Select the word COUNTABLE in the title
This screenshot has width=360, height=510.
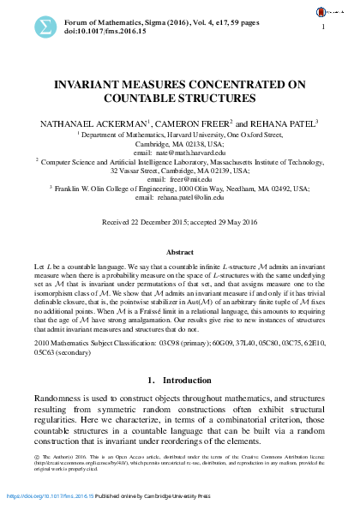point(150,99)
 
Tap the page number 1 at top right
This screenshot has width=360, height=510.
point(324,29)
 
